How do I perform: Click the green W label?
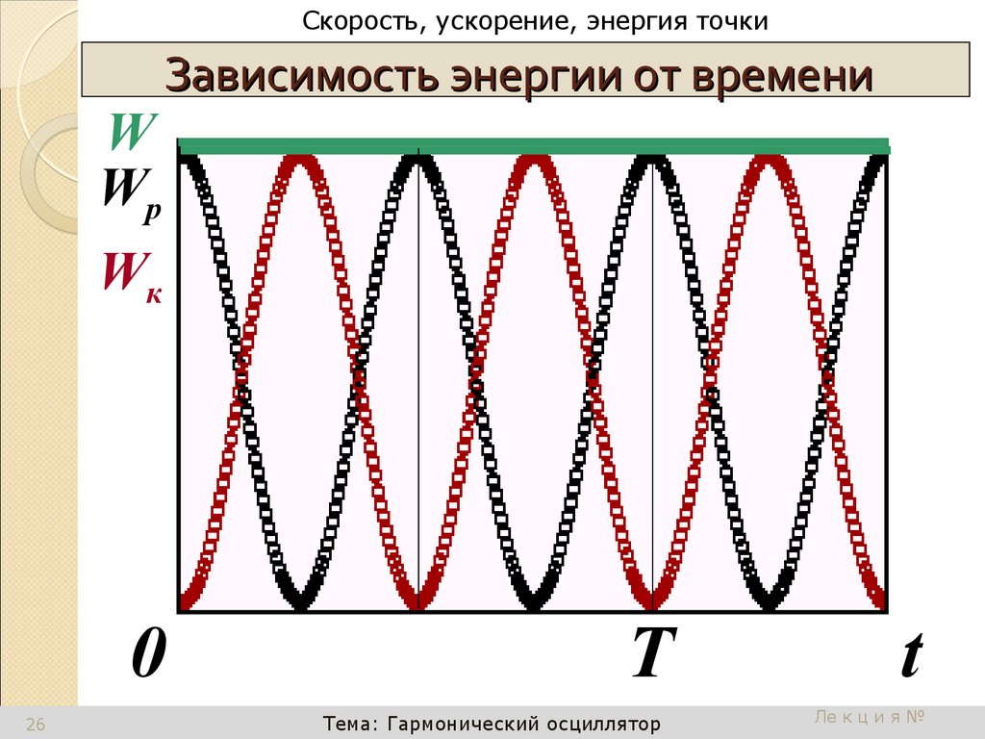[x=133, y=134]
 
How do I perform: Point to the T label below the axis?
[x=650, y=656]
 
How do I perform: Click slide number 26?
[x=36, y=725]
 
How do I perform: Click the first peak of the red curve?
[x=300, y=160]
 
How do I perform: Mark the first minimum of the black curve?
[x=300, y=603]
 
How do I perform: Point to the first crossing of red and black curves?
[x=240, y=381]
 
